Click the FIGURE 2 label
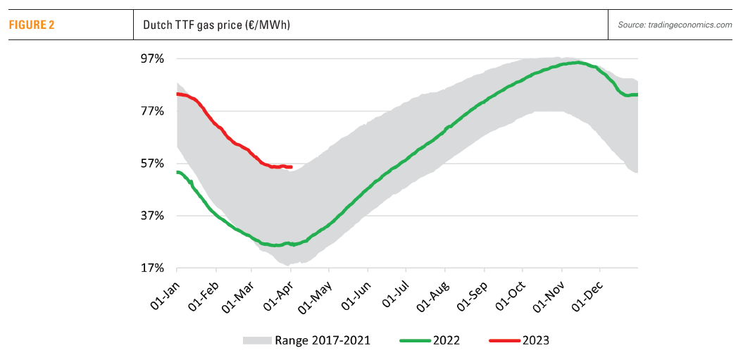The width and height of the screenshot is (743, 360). tap(32, 25)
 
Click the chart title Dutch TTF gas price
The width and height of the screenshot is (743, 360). tap(217, 25)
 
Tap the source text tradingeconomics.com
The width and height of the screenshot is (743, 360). tap(675, 25)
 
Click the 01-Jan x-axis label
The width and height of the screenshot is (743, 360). tap(165, 291)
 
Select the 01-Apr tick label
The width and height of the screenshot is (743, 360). tap(279, 291)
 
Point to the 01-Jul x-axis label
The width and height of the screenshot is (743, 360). tap(394, 291)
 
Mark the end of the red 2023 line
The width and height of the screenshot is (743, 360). tap(292, 167)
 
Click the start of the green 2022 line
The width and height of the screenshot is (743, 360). tap(177, 172)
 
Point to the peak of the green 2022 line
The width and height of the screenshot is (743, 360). tap(577, 63)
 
